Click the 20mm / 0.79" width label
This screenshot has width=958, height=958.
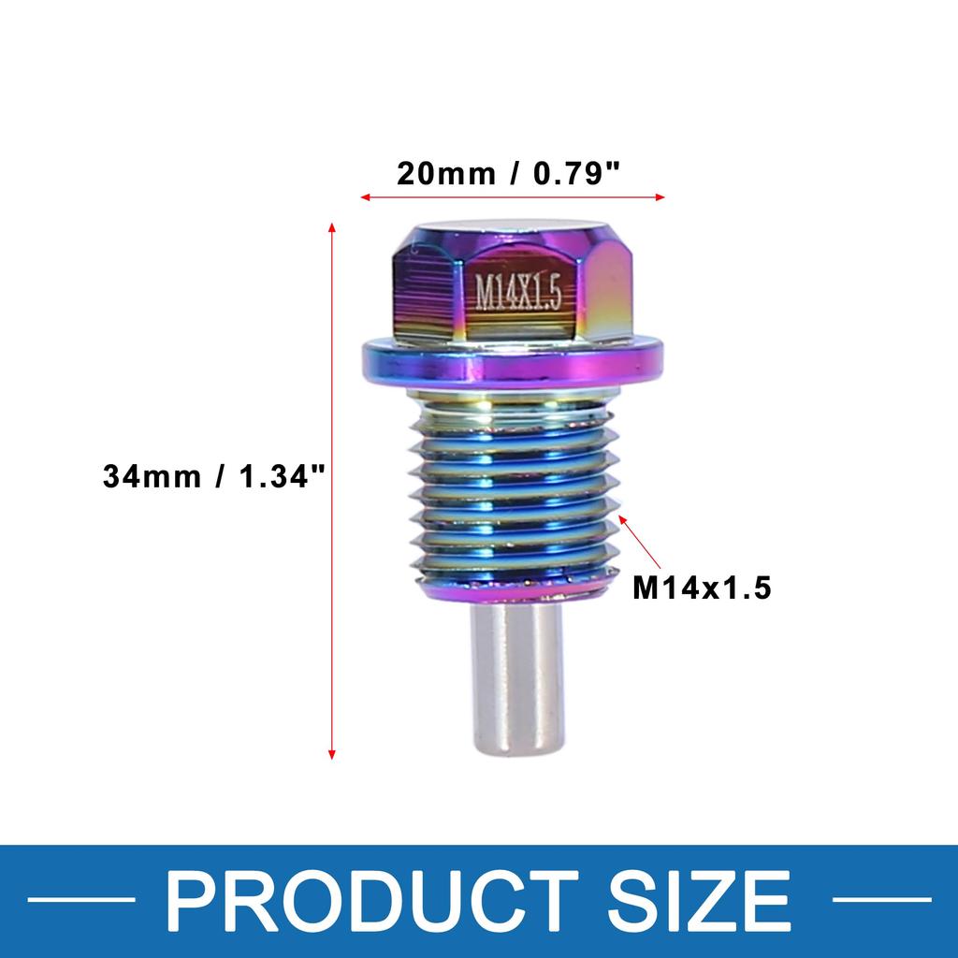pyautogui.click(x=510, y=174)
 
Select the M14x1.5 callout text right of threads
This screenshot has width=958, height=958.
pyautogui.click(x=702, y=588)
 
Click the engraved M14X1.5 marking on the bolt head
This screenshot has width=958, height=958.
pyautogui.click(x=518, y=293)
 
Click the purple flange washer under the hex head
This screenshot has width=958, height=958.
pyautogui.click(x=513, y=360)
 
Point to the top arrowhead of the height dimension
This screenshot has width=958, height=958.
pyautogui.click(x=331, y=227)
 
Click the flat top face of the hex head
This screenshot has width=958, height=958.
pyautogui.click(x=510, y=227)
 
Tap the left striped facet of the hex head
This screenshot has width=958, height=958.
pyautogui.click(x=426, y=290)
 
